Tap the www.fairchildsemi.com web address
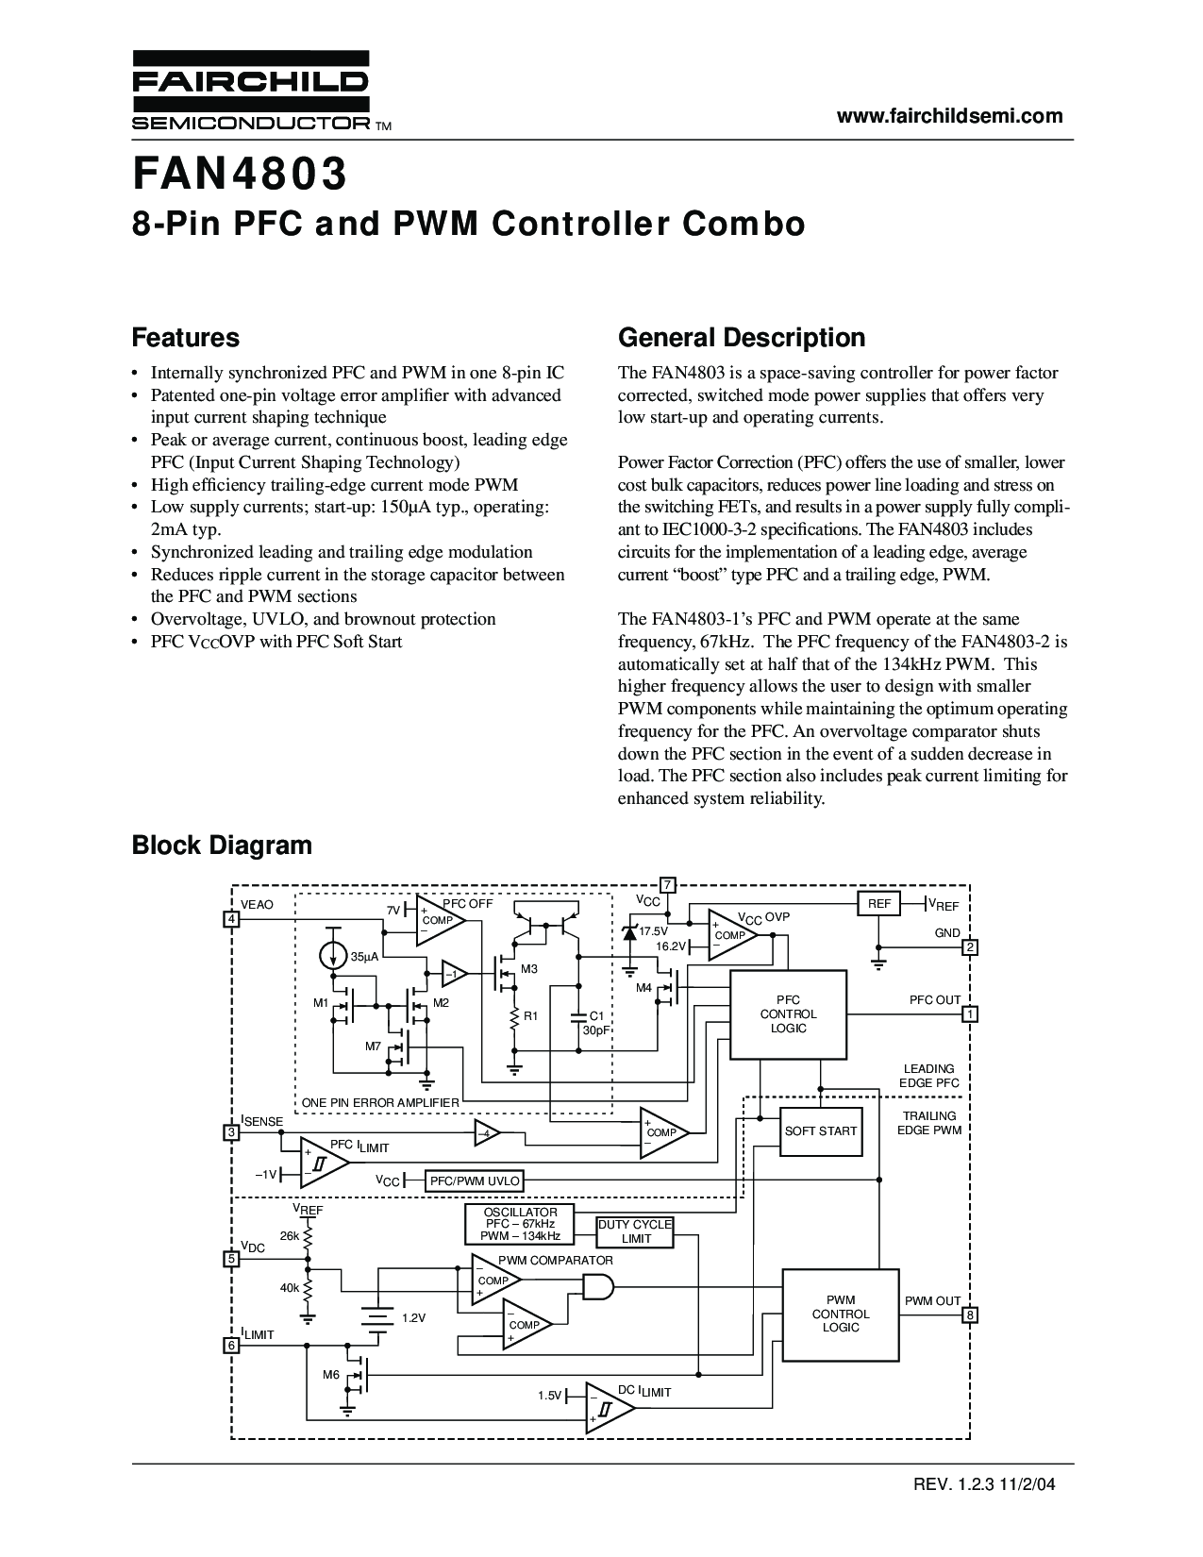click(950, 116)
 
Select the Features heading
click(186, 338)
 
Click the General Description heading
click(741, 338)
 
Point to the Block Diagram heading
click(222, 845)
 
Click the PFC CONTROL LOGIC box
click(788, 1014)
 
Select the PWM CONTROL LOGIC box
click(840, 1314)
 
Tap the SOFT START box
click(821, 1130)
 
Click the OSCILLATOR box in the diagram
click(520, 1224)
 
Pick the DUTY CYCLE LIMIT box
click(635, 1231)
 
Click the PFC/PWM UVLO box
click(475, 1180)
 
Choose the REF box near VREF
click(878, 904)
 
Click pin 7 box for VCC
click(667, 885)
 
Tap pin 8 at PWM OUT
click(970, 1314)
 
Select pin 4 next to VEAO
click(231, 919)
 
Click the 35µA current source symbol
click(332, 956)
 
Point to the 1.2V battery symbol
click(378, 1317)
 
